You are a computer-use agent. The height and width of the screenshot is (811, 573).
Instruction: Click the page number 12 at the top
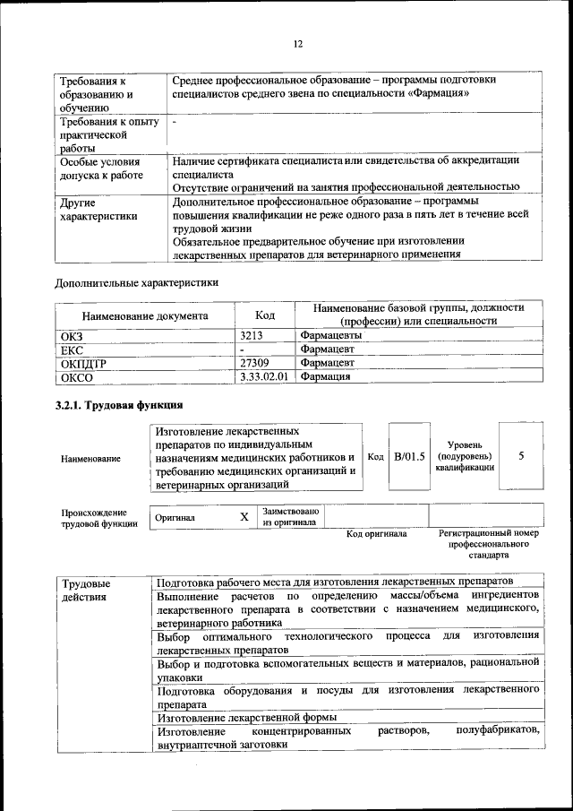[298, 43]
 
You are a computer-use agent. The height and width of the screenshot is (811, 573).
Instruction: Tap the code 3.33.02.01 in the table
[265, 377]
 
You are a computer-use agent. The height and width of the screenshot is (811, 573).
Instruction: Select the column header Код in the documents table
[265, 315]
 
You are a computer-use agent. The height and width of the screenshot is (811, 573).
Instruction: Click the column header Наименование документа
[145, 315]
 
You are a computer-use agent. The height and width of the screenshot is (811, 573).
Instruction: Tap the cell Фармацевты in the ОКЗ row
[331, 335]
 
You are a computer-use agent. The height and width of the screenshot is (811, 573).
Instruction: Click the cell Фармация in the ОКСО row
[325, 377]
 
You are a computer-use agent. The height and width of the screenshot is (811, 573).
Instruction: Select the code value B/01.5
[409, 456]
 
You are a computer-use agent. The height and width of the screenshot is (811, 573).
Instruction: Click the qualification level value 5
[521, 456]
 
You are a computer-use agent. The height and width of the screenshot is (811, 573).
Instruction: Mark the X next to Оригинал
[244, 517]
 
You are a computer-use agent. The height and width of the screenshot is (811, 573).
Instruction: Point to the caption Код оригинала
[376, 534]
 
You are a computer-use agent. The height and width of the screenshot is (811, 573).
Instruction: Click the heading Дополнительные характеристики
[137, 283]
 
